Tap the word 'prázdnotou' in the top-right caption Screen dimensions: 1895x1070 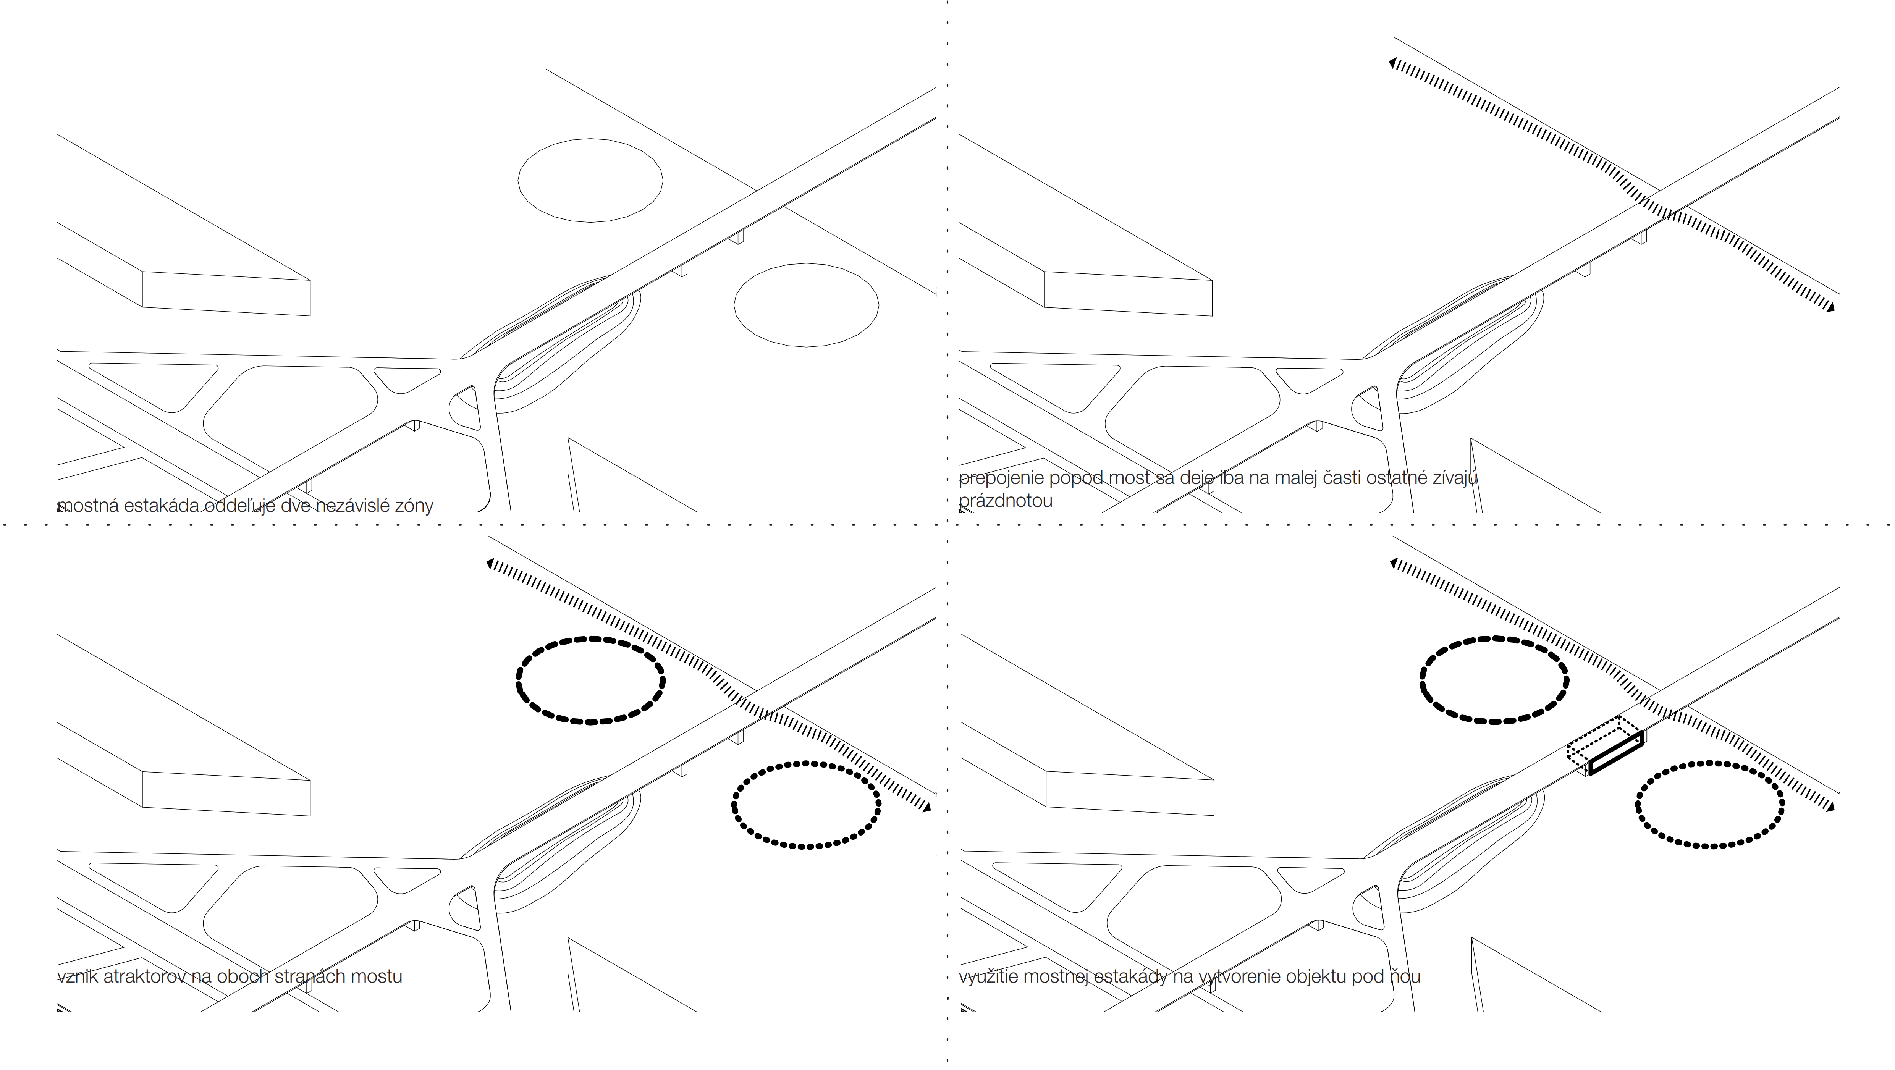click(1006, 501)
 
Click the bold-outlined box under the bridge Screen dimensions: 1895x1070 click(1615, 753)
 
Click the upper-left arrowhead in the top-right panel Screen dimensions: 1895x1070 click(1392, 64)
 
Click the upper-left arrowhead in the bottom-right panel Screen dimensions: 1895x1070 click(1393, 564)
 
